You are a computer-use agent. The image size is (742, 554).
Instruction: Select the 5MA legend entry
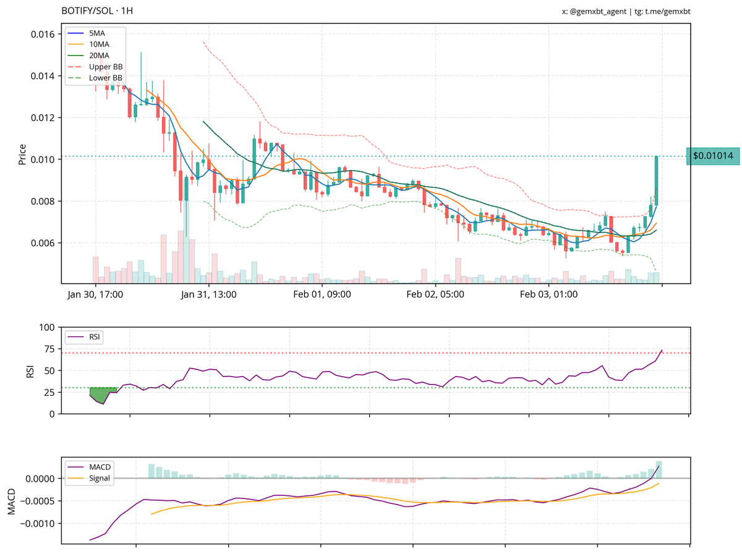[x=98, y=33]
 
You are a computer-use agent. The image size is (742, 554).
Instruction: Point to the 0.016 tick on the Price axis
[x=43, y=34]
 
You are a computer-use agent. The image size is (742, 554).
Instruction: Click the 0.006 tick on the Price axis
[x=43, y=243]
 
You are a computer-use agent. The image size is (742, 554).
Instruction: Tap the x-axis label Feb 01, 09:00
[x=322, y=295]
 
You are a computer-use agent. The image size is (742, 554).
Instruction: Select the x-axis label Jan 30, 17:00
[x=95, y=295]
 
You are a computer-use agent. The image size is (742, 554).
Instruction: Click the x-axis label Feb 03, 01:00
[x=549, y=295]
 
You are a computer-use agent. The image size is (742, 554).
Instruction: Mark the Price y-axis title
[x=22, y=154]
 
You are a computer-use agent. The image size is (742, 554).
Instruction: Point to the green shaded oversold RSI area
[x=101, y=394]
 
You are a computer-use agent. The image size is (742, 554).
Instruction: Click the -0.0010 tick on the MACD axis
[x=38, y=524]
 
